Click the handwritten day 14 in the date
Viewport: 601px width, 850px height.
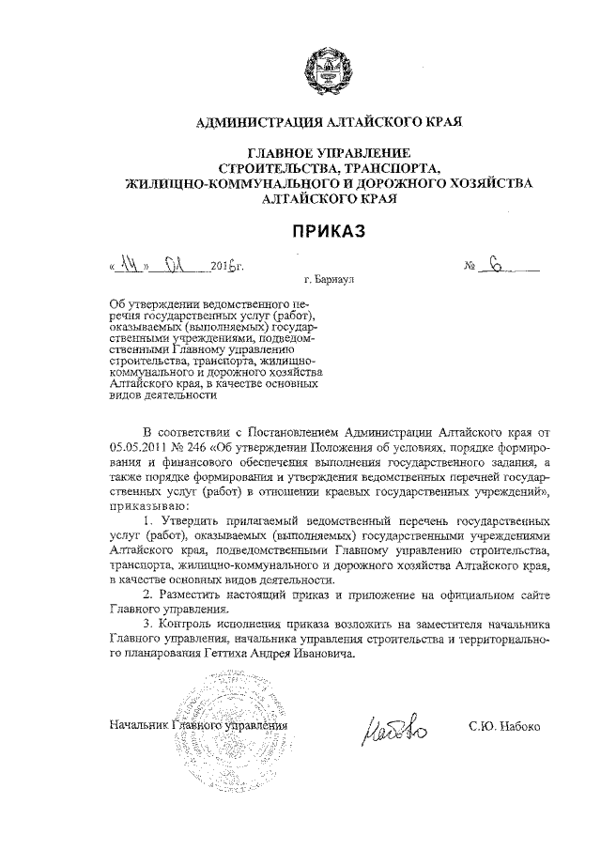coord(131,267)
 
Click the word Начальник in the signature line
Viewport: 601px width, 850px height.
coord(141,727)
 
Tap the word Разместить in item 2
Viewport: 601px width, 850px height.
coord(200,595)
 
